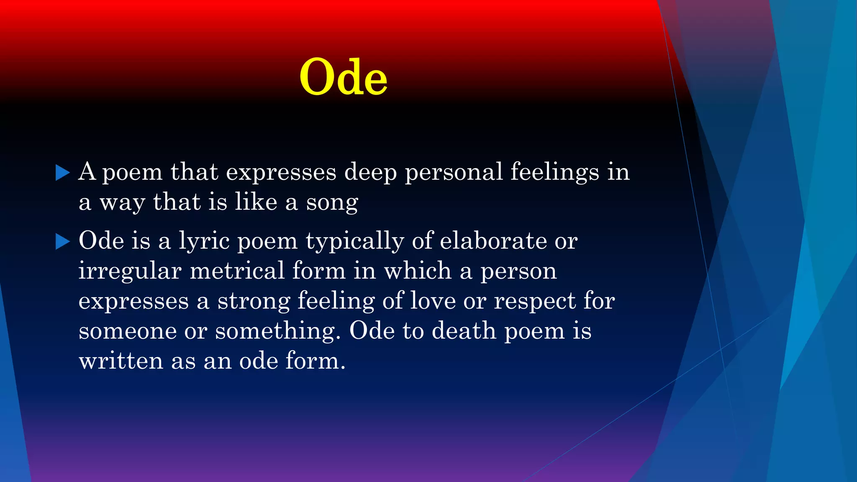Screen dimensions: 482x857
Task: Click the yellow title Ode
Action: [x=343, y=77]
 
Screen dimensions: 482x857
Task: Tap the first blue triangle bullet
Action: [x=62, y=172]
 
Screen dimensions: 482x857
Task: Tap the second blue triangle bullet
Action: [x=62, y=241]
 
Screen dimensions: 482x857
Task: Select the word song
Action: [x=332, y=203]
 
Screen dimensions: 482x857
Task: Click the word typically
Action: [x=355, y=242]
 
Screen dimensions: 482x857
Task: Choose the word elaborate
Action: [x=493, y=241]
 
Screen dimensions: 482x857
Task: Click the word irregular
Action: [x=130, y=272]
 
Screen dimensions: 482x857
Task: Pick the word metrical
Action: [x=237, y=271]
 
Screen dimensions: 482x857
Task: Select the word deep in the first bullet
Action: [x=370, y=172]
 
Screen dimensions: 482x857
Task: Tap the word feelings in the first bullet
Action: [x=555, y=172]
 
